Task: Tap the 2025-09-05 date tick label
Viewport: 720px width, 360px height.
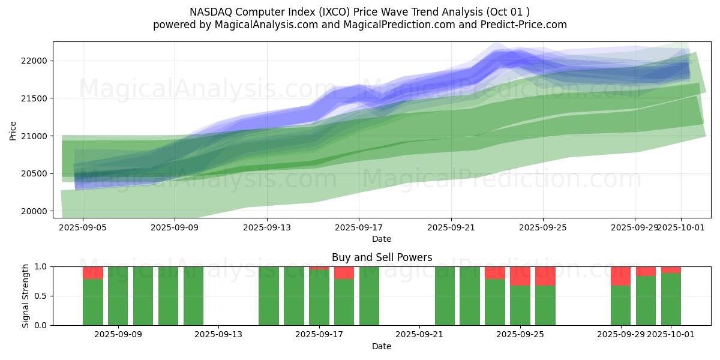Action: (x=83, y=228)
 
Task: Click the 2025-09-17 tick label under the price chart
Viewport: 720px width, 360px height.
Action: (x=359, y=228)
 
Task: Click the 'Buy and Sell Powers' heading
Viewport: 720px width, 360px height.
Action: (x=382, y=257)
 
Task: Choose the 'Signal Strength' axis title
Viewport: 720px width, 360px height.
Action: (x=25, y=296)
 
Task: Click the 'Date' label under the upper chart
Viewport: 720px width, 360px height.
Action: (x=382, y=239)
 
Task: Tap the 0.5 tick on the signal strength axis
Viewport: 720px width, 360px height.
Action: (x=42, y=296)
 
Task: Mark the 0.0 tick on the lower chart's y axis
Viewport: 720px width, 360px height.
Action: (x=42, y=325)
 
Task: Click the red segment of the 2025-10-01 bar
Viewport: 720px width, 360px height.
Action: (x=671, y=270)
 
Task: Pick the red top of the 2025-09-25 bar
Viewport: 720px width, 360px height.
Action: (x=520, y=276)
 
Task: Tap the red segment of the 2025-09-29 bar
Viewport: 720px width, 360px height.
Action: (x=620, y=276)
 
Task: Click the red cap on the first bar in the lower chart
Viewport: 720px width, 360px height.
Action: (x=93, y=273)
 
